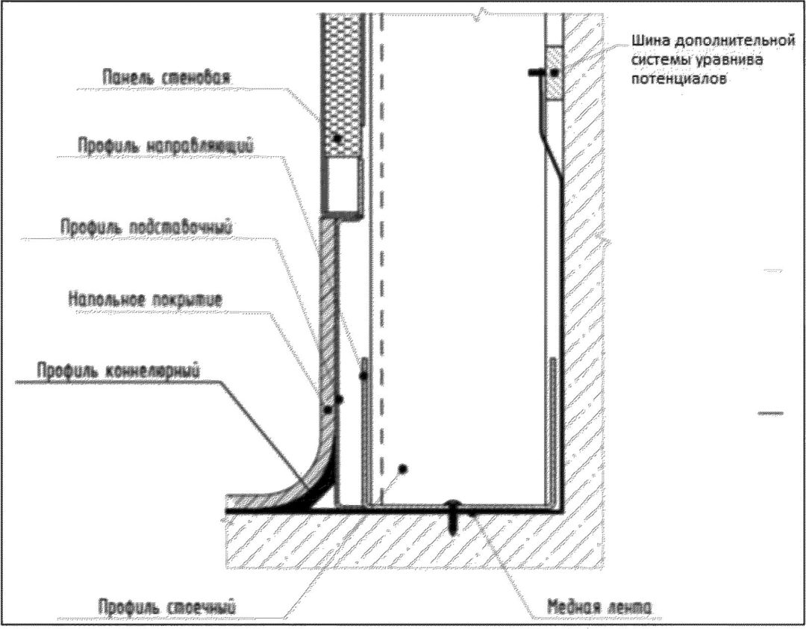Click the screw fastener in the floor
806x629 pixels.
(454, 515)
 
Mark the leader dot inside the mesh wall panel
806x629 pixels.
(339, 138)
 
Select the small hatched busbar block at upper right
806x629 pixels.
(553, 72)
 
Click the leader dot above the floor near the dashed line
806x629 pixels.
(402, 468)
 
